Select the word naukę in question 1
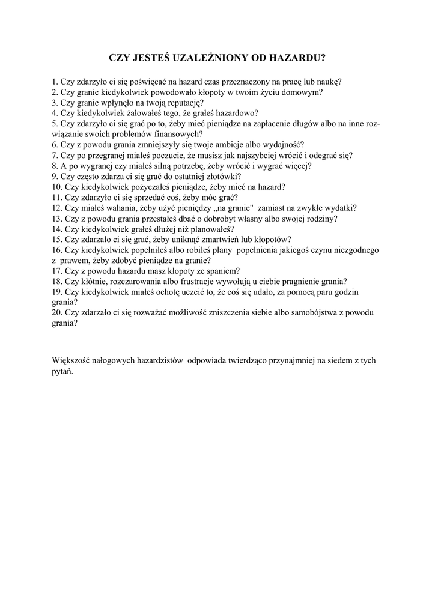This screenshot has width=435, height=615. point(329,82)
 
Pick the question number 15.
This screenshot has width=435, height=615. point(57,239)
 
